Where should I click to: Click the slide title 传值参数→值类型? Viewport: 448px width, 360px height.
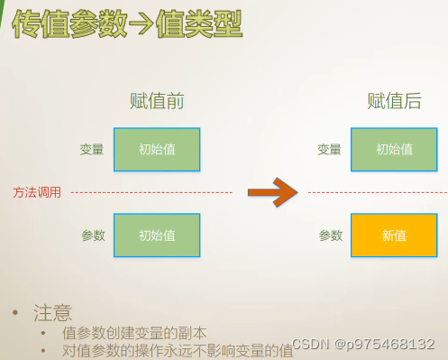[127, 24]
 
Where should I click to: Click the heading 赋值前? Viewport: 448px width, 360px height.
[157, 101]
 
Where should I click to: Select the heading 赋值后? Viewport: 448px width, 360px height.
[394, 101]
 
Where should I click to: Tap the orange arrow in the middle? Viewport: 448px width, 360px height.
[272, 191]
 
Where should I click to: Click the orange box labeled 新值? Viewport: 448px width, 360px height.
[394, 235]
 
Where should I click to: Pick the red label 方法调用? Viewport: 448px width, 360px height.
[37, 192]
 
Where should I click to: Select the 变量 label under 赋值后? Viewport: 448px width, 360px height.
[330, 150]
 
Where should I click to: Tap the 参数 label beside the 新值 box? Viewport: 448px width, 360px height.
[330, 235]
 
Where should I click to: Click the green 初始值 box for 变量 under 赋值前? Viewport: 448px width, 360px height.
[157, 150]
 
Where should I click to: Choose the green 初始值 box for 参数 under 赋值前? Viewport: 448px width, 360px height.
[157, 235]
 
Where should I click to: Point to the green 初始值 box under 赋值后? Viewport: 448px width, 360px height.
[394, 150]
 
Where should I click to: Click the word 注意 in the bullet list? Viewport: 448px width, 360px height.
[52, 313]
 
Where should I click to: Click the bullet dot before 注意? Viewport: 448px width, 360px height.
[15, 313]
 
